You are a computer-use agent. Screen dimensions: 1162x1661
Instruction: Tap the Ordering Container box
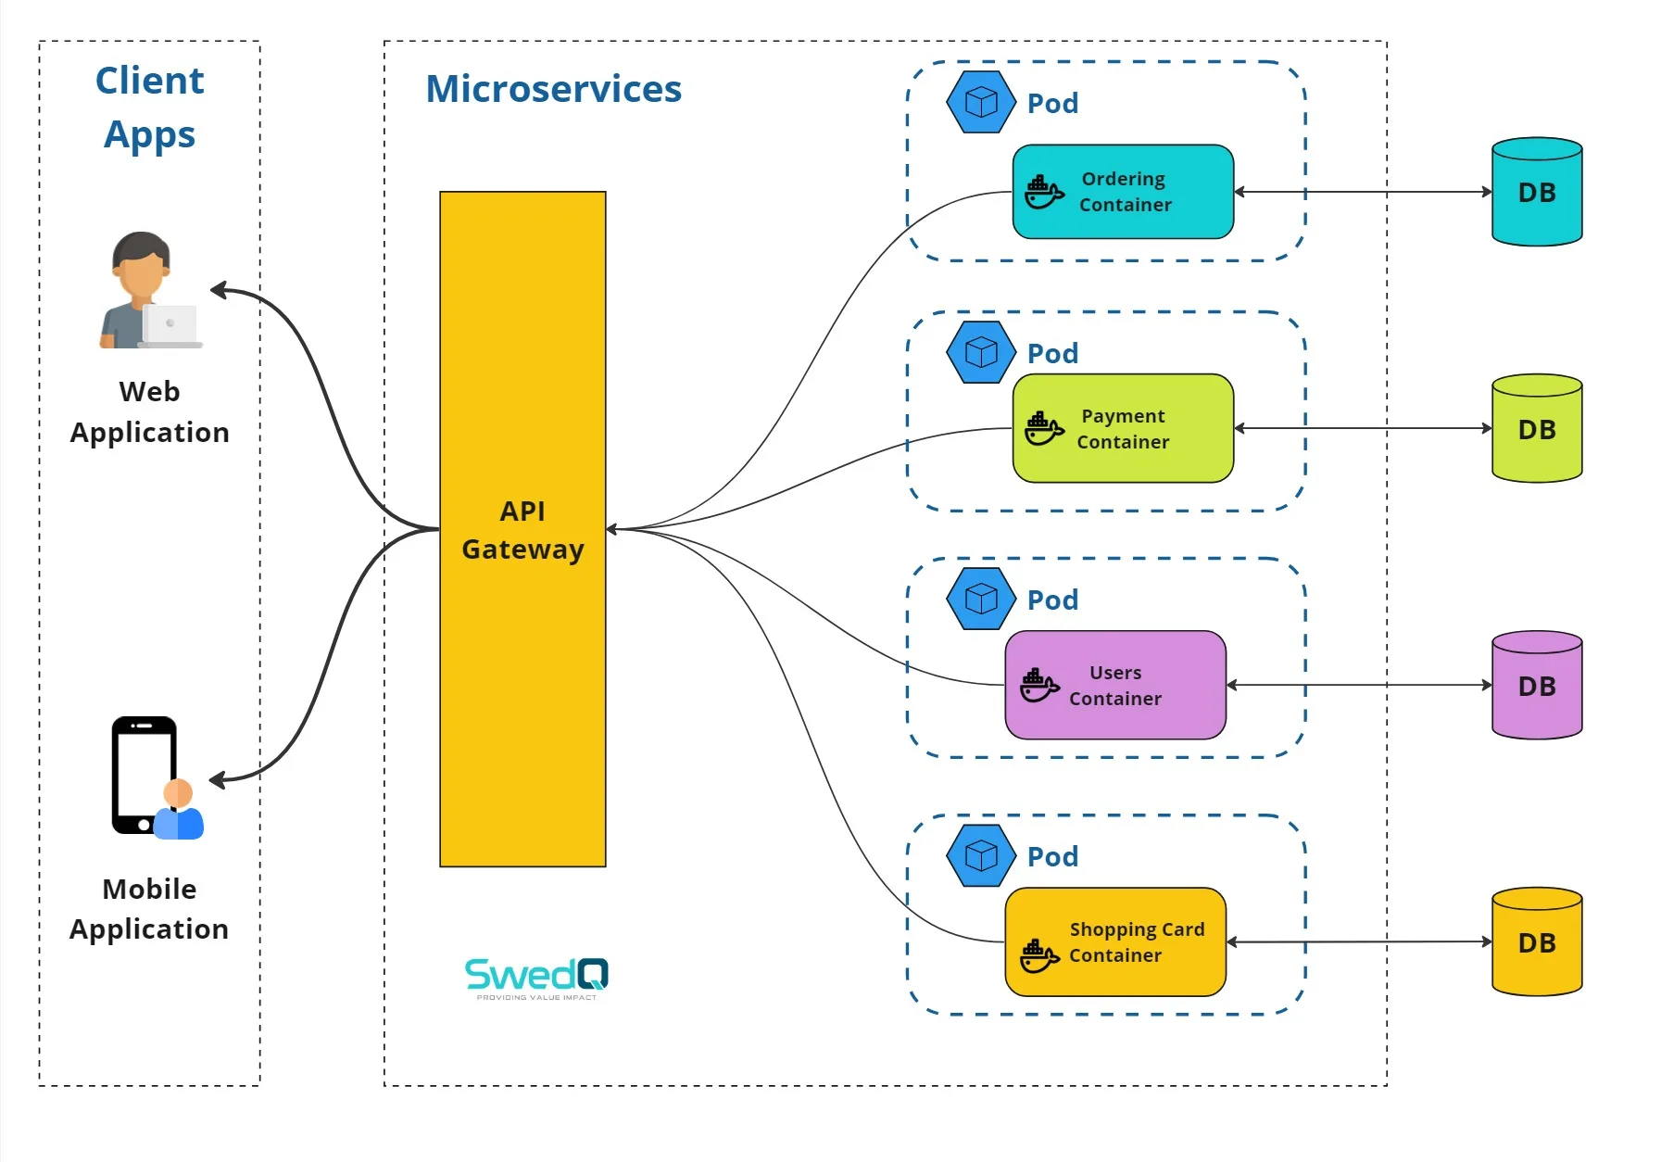1123,192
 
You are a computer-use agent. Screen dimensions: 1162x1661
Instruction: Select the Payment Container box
1123,428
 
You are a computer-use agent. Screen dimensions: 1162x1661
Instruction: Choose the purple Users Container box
1115,685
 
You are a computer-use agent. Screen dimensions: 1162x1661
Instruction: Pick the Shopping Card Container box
1115,941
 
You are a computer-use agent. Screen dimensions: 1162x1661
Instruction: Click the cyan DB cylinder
1537,192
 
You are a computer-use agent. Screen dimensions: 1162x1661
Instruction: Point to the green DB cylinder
1537,428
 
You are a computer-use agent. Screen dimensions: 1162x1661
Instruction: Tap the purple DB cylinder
1537,685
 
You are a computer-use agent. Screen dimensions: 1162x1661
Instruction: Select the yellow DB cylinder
1537,941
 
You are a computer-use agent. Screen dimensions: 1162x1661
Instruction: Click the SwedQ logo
536,978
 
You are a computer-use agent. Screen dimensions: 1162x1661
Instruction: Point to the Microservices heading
553,89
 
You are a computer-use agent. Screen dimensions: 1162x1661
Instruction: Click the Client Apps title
149,107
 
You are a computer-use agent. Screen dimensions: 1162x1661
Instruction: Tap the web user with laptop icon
149,291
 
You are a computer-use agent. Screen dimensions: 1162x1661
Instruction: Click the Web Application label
149,411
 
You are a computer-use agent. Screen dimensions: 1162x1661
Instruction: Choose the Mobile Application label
149,908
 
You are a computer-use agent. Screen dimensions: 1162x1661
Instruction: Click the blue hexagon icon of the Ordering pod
981,102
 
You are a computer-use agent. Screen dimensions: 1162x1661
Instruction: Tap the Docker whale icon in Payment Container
1044,429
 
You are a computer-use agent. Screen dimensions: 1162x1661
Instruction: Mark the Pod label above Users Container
1052,600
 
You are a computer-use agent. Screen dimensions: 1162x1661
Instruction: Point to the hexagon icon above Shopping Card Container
981,855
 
